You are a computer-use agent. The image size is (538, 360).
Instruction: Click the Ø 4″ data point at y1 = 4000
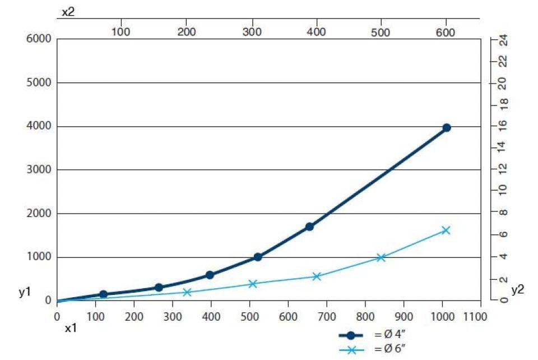(447, 128)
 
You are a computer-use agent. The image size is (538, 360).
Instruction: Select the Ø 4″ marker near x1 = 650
(309, 227)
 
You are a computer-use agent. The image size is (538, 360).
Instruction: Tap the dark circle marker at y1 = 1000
(258, 257)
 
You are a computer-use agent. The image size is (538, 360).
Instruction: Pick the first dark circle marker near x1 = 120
(103, 294)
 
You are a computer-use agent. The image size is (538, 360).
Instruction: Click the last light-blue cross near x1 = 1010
(446, 230)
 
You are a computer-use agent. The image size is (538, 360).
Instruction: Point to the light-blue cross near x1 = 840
(381, 257)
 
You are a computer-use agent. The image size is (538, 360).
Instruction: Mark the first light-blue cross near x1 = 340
(187, 292)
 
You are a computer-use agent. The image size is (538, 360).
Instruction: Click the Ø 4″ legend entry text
(392, 335)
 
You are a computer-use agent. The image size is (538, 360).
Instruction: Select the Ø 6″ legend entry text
(392, 350)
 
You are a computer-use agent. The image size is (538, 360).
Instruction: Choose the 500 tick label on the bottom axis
(249, 317)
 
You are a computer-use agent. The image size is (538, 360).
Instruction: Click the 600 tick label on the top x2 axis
(446, 33)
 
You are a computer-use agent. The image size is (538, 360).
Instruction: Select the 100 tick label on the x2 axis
(120, 33)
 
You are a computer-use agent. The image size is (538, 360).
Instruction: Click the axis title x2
(68, 11)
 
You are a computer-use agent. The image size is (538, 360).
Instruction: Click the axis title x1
(70, 329)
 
